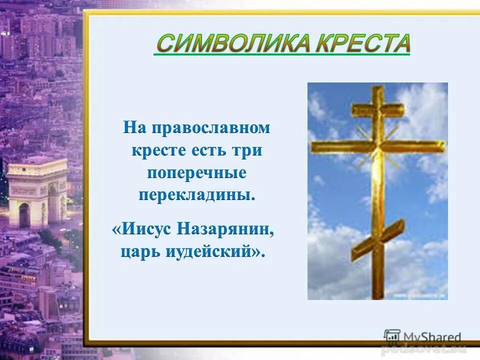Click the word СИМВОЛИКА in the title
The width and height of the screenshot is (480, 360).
pyautogui.click(x=218, y=44)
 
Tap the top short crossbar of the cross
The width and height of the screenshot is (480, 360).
pyautogui.click(x=378, y=108)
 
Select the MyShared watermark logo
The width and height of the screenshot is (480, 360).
pyautogui.click(x=422, y=337)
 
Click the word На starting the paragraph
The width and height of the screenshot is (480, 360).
pyautogui.click(x=136, y=128)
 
